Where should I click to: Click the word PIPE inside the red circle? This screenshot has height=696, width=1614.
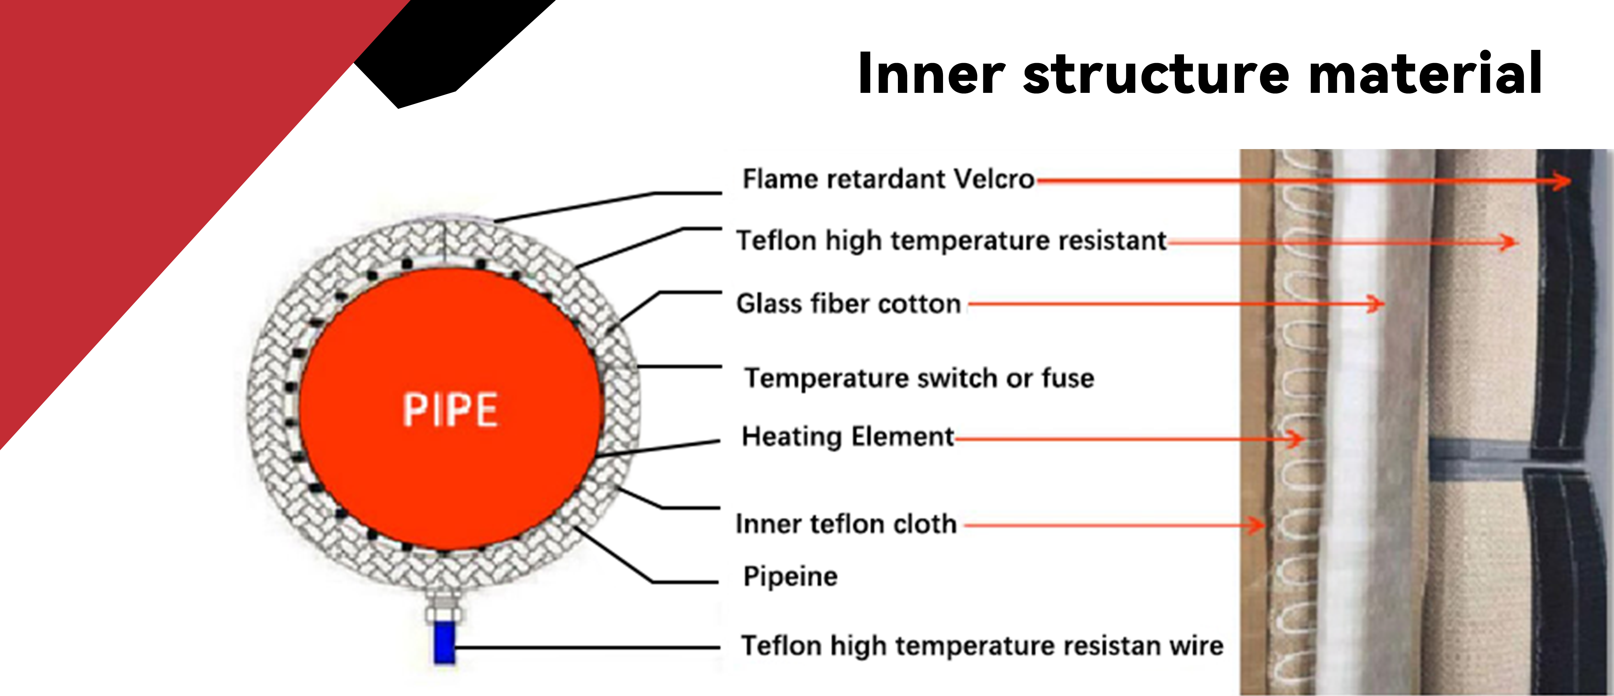click(450, 410)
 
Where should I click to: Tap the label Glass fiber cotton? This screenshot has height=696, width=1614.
click(848, 304)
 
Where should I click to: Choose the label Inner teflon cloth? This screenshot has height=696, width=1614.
click(846, 524)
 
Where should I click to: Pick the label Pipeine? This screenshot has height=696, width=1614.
click(790, 576)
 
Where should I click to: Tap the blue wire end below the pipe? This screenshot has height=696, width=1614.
click(444, 642)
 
